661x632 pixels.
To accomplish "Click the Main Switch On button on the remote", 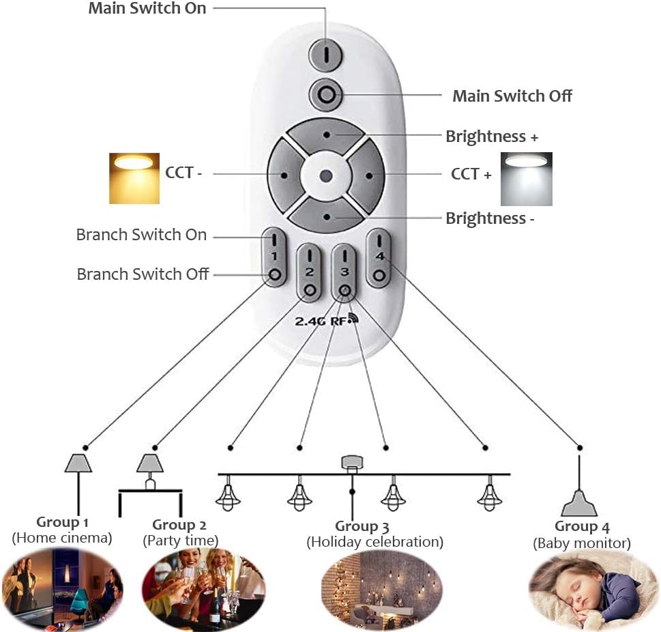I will tap(326, 55).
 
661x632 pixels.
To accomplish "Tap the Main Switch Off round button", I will tap(326, 94).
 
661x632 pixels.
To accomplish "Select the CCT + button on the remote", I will tap(368, 174).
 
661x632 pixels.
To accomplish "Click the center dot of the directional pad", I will tap(326, 175).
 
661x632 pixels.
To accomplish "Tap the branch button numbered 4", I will tap(379, 259).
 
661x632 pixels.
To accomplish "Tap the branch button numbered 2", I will tap(310, 272).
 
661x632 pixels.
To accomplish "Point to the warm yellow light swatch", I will tap(134, 178).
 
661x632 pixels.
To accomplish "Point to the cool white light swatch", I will tap(526, 179).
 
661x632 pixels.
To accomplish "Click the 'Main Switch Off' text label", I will tap(512, 96).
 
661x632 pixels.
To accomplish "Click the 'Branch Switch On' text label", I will tap(141, 235).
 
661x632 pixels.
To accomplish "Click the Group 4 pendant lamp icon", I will tap(579, 506).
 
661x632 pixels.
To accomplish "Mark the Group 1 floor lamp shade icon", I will tap(78, 463).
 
